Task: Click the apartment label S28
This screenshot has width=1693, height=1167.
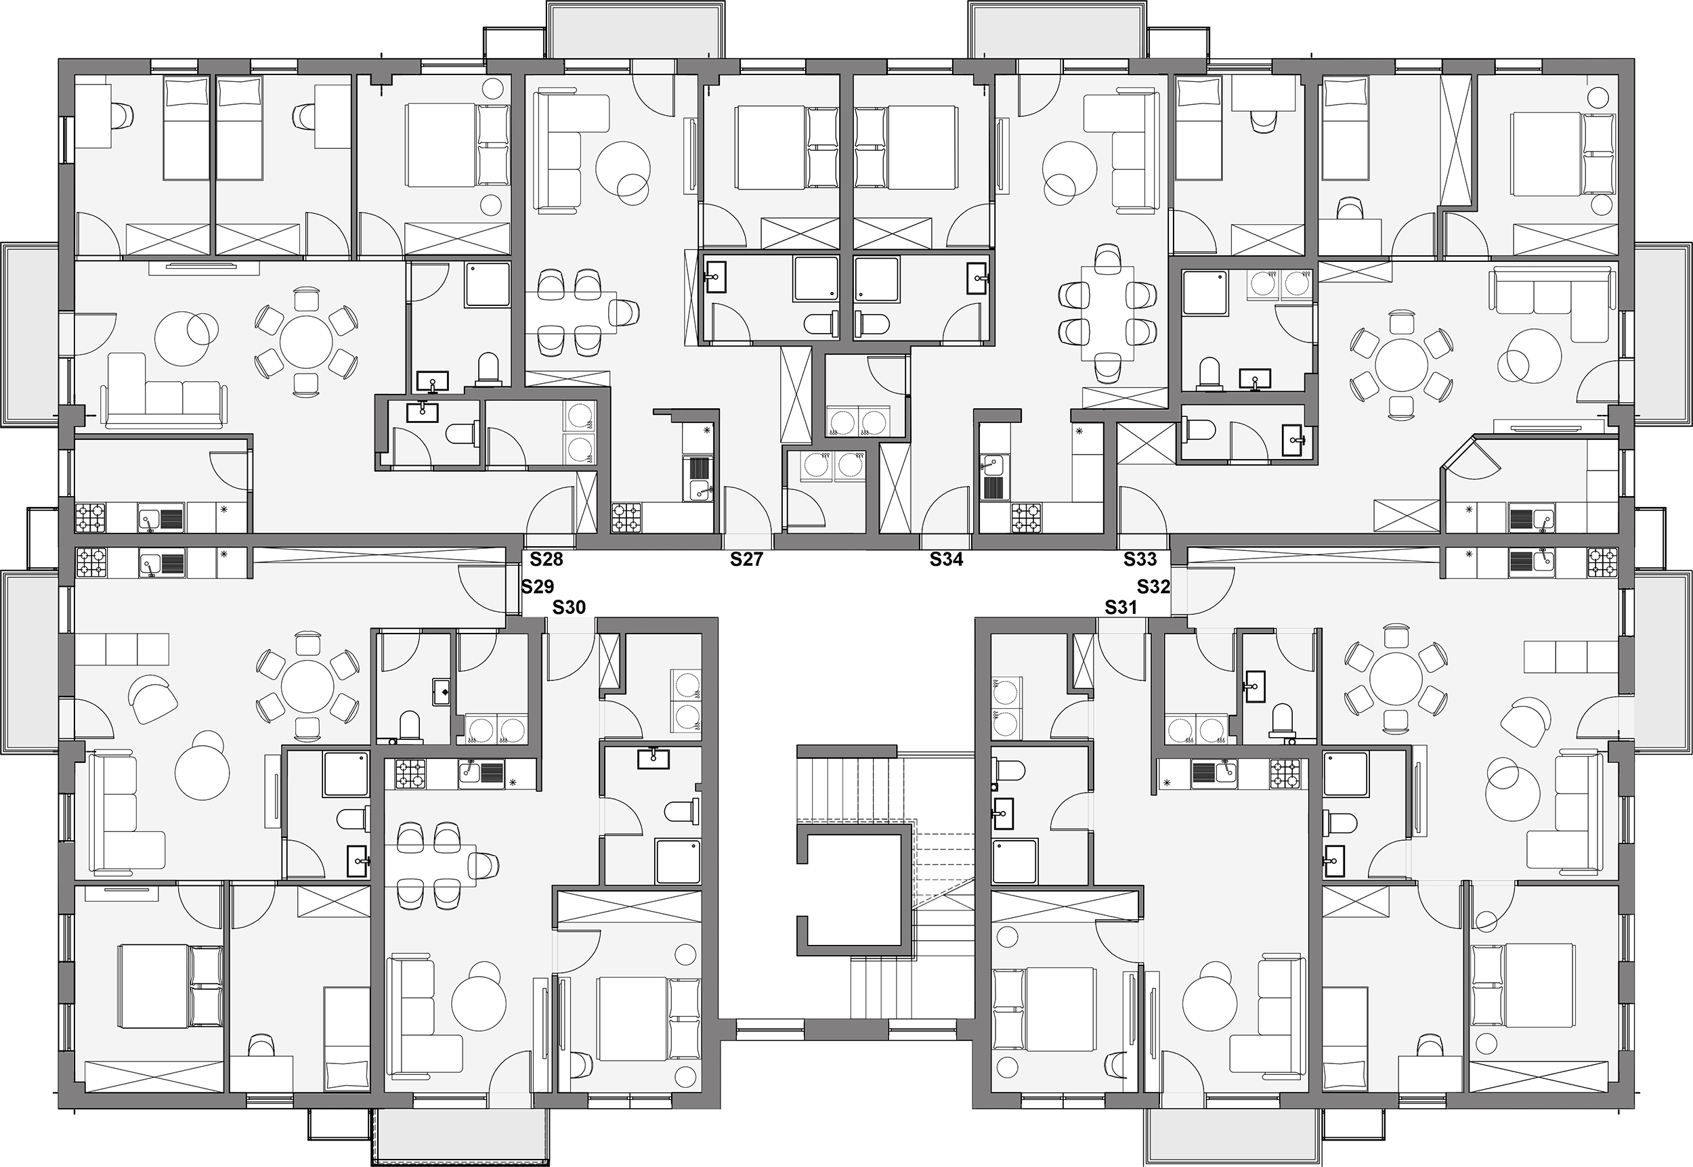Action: pos(547,560)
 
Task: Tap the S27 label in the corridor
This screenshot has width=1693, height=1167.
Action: pos(747,560)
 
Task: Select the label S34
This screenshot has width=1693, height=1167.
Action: pos(946,560)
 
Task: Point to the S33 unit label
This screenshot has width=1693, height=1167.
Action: pos(1140,560)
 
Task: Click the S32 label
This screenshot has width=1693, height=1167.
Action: pos(1153,586)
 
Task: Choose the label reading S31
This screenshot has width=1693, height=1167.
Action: pos(1121,607)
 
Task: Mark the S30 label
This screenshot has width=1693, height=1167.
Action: pos(569,607)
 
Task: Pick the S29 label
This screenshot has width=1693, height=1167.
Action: pos(538,586)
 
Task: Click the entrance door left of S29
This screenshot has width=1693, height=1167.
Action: pos(483,589)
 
